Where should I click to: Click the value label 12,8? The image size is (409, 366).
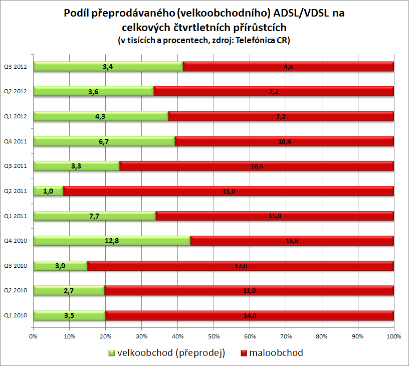(111, 241)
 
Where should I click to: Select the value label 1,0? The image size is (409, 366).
(49, 191)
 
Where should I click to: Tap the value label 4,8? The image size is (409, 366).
(288, 67)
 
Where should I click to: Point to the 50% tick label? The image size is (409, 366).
(214, 336)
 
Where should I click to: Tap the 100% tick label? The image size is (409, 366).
(393, 336)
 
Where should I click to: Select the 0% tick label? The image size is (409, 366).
(33, 336)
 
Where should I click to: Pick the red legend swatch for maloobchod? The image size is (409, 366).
(245, 353)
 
